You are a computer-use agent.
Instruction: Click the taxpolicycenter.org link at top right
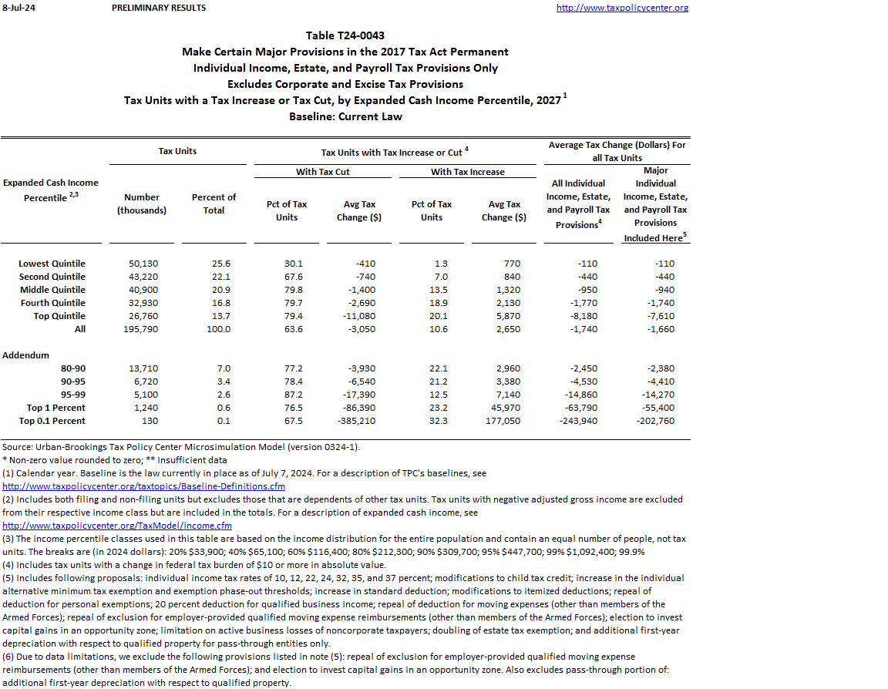[622, 8]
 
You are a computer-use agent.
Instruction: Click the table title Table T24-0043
[345, 35]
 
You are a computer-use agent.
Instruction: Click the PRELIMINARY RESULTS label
[159, 8]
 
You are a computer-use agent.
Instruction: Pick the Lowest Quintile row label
[52, 264]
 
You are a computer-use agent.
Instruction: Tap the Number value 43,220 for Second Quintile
[142, 277]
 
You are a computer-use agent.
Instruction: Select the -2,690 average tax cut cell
[361, 303]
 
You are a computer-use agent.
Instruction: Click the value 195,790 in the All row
[142, 329]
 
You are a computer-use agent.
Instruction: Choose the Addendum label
[26, 355]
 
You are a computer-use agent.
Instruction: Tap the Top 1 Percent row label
[55, 408]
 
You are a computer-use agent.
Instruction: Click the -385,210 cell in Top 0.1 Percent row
[355, 421]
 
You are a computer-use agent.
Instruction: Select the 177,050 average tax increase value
[505, 421]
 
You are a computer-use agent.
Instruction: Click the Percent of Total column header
[214, 204]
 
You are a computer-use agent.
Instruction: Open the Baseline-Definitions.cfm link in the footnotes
[144, 486]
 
